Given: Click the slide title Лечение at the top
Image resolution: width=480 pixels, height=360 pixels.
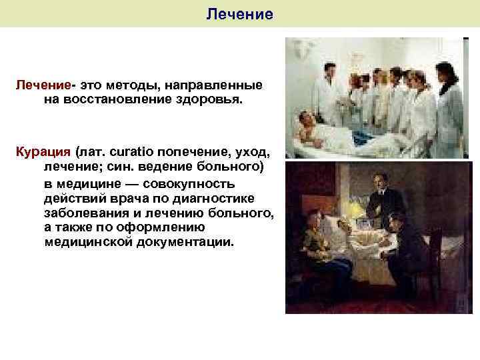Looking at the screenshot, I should pos(240,13).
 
